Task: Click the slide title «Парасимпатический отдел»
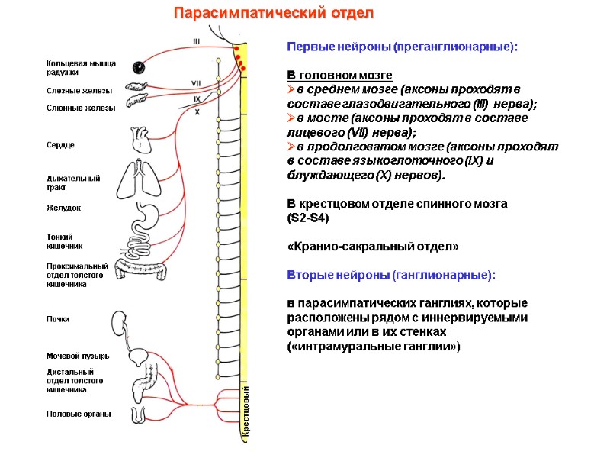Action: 274,14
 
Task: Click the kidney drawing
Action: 120,321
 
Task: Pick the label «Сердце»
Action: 61,144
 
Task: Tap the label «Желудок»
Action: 64,208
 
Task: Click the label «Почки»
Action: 58,319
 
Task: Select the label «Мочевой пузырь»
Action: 78,356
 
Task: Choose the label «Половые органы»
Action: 79,414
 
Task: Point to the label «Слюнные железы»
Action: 81,108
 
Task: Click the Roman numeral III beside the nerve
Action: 197,42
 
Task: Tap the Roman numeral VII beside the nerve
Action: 196,83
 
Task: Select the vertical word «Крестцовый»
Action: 246,412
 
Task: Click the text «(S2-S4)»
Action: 308,218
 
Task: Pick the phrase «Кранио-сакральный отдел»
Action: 373,247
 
